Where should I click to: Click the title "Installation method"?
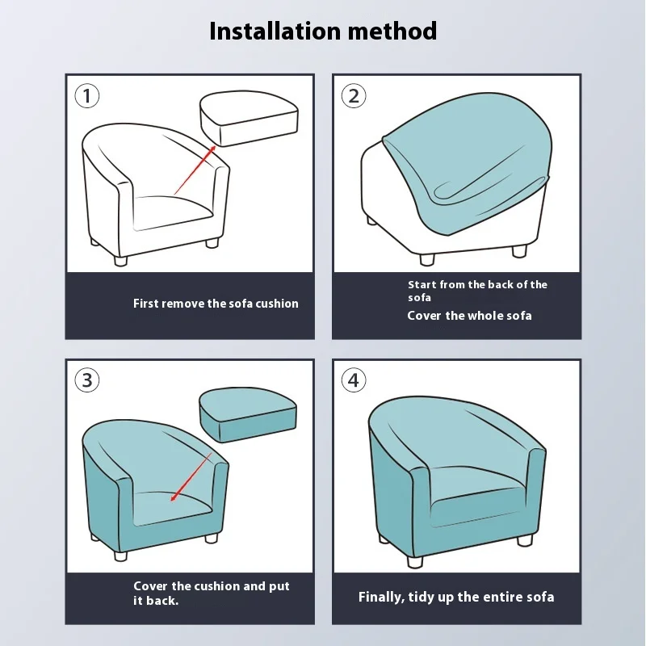pyautogui.click(x=323, y=31)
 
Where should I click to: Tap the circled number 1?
pyautogui.click(x=87, y=96)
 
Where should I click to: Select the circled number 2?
pyautogui.click(x=354, y=96)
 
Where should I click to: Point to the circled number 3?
pyautogui.click(x=87, y=380)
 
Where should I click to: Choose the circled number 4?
pyautogui.click(x=354, y=380)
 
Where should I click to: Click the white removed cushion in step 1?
pyautogui.click(x=249, y=118)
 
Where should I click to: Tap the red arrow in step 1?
pyautogui.click(x=195, y=170)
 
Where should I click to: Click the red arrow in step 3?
pyautogui.click(x=191, y=477)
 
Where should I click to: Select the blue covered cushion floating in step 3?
pyautogui.click(x=248, y=415)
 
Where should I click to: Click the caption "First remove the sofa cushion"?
pyautogui.click(x=216, y=304)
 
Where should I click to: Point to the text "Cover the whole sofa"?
pyautogui.click(x=469, y=316)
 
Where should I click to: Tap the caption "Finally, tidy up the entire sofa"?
pyautogui.click(x=456, y=597)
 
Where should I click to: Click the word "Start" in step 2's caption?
pyautogui.click(x=422, y=285)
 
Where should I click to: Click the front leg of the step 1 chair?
pyautogui.click(x=120, y=261)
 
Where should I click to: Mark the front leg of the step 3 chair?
pyautogui.click(x=120, y=556)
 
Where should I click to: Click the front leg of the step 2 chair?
pyautogui.click(x=427, y=259)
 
